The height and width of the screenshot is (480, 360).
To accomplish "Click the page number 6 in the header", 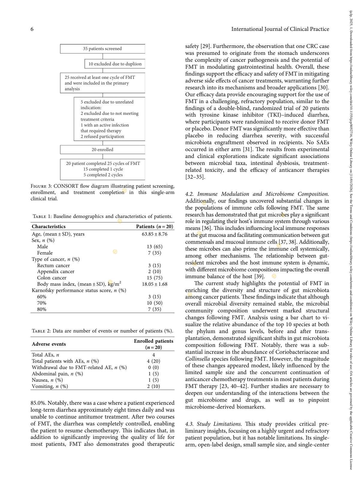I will pyautogui.click(x=32, y=29).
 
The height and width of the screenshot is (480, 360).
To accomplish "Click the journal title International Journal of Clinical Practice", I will pyautogui.click(x=280, y=29).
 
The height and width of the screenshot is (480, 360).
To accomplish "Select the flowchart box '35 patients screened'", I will pyautogui.click(x=102, y=49).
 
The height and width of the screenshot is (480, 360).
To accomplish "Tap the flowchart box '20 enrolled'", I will pyautogui.click(x=102, y=150).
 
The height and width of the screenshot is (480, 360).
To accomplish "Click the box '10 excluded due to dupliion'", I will pyautogui.click(x=115, y=64).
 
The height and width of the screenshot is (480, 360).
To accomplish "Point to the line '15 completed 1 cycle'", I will pyautogui.click(x=103, y=169).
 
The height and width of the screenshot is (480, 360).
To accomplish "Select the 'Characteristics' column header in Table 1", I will pyautogui.click(x=49, y=227).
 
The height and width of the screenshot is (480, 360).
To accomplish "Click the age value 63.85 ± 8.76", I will pyautogui.click(x=154, y=234).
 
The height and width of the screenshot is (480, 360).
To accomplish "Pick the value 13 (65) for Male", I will pyautogui.click(x=154, y=247).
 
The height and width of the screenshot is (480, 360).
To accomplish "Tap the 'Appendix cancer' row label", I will pyautogui.click(x=56, y=272).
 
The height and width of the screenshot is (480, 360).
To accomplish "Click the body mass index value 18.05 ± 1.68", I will pyautogui.click(x=154, y=284).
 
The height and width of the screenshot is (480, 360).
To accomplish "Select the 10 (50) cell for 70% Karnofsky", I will pyautogui.click(x=154, y=303).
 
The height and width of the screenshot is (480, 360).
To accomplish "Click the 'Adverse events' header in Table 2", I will pyautogui.click(x=49, y=344).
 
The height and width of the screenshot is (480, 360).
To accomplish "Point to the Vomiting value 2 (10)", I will pyautogui.click(x=153, y=386).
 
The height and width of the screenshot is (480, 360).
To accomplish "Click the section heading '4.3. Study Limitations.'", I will pyautogui.click(x=213, y=424).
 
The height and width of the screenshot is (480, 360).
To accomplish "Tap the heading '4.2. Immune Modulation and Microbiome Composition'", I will pyautogui.click(x=257, y=194).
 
